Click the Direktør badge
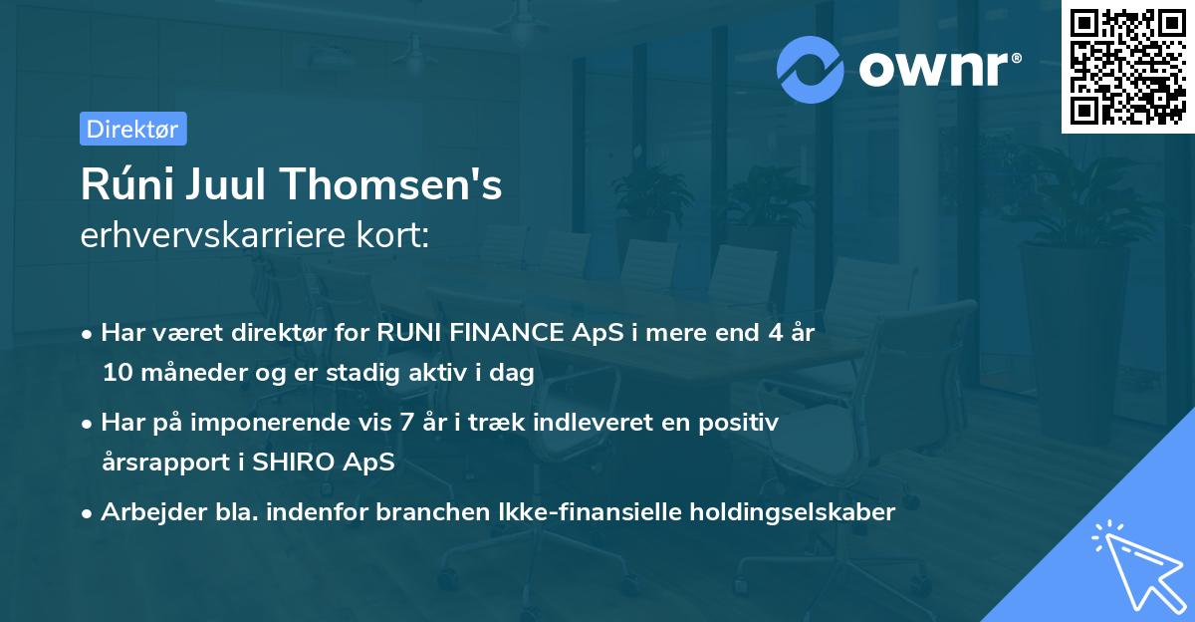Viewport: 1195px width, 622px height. pos(132,129)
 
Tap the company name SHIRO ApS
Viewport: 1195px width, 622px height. pos(338,463)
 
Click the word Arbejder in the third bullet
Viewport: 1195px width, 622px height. pos(142,512)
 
